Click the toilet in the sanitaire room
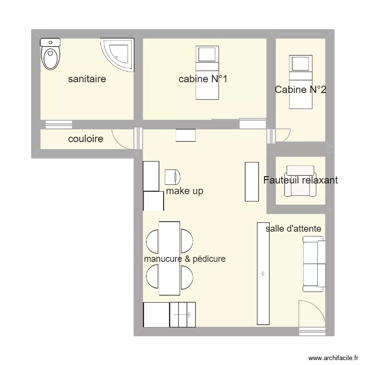(50, 55)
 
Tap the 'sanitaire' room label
(87, 79)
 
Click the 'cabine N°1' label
(203, 79)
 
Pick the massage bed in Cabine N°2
(300, 82)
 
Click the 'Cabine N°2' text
(300, 90)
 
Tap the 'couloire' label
(86, 139)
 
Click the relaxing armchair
(300, 181)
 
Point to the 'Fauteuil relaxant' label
(300, 180)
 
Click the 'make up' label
(184, 191)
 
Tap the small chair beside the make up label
(173, 177)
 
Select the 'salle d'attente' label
(293, 228)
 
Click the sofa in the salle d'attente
(313, 264)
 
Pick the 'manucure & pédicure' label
(184, 259)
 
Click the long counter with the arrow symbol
(263, 274)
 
